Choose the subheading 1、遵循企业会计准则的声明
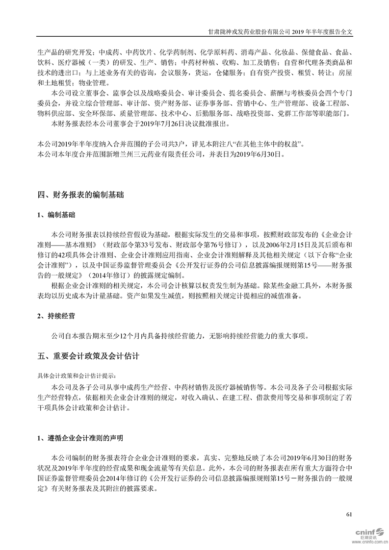point(80,438)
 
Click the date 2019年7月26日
point(162,125)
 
